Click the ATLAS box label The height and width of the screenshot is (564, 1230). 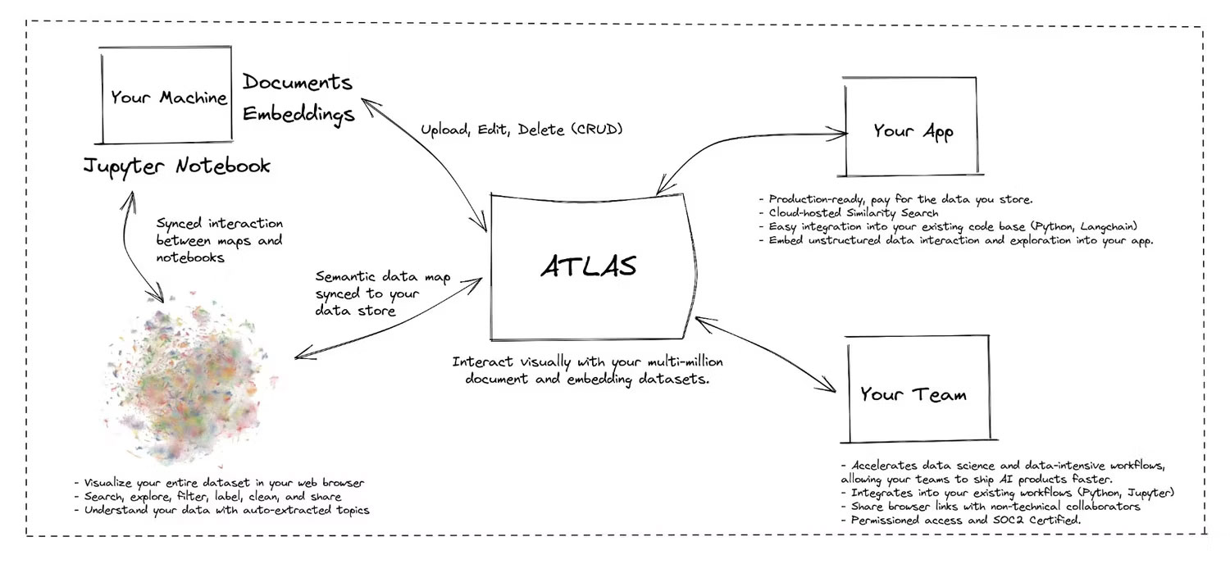pos(588,266)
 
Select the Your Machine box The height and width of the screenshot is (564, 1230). pos(167,98)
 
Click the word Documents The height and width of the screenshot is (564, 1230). pos(298,84)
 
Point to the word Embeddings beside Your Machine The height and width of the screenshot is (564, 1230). pos(298,113)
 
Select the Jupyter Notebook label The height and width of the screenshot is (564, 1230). pos(176,166)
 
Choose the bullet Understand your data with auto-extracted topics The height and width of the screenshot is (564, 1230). pos(221,510)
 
